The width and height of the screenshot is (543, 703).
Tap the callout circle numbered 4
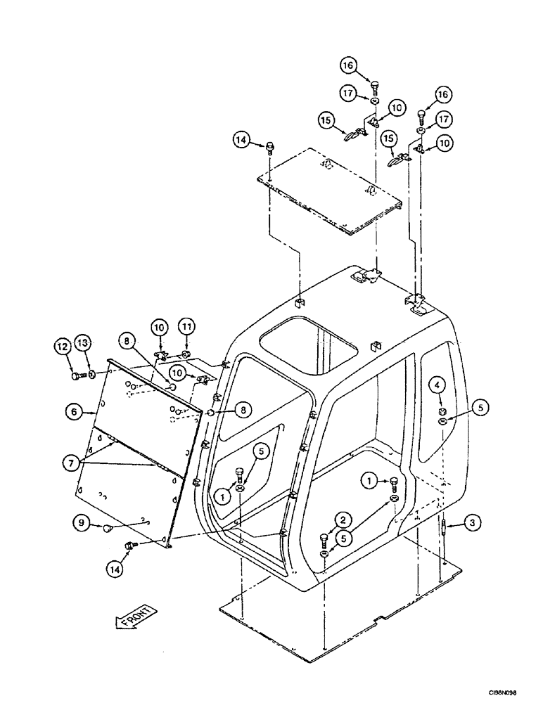click(x=437, y=385)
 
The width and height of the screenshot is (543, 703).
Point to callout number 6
click(x=74, y=413)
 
